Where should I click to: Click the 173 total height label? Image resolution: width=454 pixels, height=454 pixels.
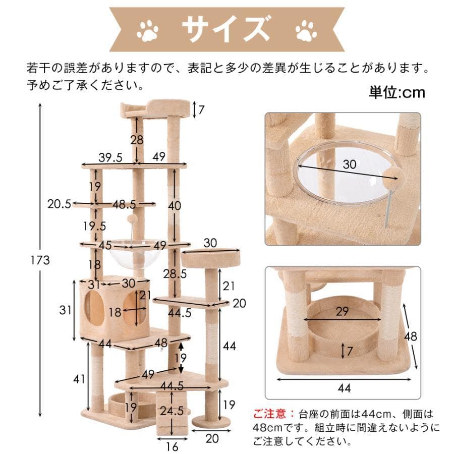coord(40,261)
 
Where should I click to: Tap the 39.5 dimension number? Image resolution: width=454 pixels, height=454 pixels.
coord(110,157)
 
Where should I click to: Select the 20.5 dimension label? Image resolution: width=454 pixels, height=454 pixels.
coord(59,204)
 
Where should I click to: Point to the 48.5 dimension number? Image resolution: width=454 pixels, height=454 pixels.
coord(125,204)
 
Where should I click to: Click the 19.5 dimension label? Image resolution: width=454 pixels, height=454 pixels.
coord(94,225)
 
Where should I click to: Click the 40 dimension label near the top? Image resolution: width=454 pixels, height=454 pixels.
coord(175,206)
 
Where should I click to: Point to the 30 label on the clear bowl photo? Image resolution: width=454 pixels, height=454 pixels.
coord(349,164)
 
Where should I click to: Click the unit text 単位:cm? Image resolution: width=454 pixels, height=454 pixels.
coord(397,92)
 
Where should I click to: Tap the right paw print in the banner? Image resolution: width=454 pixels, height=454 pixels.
coord(306,31)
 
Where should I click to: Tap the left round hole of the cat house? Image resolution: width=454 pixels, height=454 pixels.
coord(96,308)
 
